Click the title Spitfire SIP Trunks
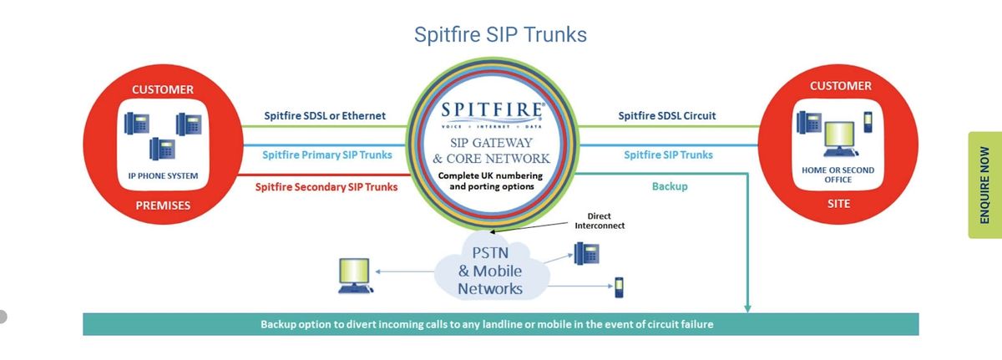pos(500,34)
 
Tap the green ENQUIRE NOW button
pos(984,185)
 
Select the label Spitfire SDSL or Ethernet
pos(325,115)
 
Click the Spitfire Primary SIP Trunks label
pos(327,155)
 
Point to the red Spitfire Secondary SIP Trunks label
pos(326,187)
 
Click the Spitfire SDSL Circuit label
pos(666,115)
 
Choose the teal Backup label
pos(670,186)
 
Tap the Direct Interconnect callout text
pos(600,221)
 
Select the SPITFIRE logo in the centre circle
pos(493,110)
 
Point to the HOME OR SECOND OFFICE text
pos(838,175)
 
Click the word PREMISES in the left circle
pos(163,205)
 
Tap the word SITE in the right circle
pos(840,203)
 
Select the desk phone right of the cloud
pos(585,253)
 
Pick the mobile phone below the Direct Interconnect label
pos(619,286)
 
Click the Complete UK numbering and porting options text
pos(492,181)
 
